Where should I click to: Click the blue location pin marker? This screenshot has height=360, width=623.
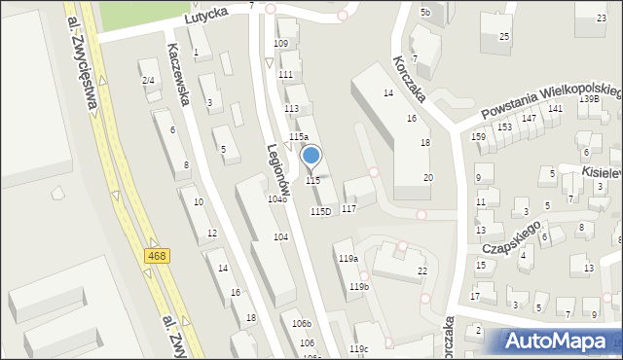tap(311, 156)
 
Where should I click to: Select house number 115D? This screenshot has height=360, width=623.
tap(320, 211)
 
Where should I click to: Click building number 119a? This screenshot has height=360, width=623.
tap(348, 258)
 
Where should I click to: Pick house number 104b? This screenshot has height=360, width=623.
tap(277, 198)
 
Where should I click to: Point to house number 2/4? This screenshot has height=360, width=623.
tap(148, 80)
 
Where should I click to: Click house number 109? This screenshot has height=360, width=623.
tap(280, 44)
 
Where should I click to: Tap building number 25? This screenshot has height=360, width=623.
tap(504, 37)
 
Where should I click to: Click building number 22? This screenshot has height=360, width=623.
tap(422, 270)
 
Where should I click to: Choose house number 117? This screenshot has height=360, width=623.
tap(348, 209)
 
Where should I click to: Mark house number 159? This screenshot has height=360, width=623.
tap(478, 136)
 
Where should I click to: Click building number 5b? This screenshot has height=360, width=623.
tap(425, 12)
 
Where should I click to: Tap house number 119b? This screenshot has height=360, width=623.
tap(359, 287)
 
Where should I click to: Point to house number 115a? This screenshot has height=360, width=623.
tap(298, 137)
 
